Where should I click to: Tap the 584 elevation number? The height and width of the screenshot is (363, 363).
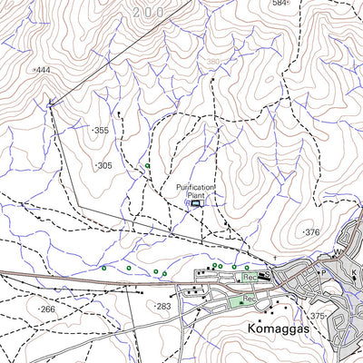click(280, 4)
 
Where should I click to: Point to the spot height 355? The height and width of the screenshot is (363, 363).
click(101, 131)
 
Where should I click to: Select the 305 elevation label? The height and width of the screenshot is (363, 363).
click(104, 166)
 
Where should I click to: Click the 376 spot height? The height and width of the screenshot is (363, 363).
click(312, 233)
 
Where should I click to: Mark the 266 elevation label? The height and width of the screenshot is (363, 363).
click(47, 309)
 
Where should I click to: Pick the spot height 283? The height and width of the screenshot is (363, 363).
click(163, 307)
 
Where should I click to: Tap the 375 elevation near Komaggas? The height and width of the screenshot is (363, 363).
click(318, 316)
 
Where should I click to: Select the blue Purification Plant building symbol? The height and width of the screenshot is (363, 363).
click(198, 204)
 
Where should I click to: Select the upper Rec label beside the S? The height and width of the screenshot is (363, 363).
click(250, 276)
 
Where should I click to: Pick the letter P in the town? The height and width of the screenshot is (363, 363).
click(320, 272)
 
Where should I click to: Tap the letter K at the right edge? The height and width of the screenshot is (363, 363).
click(354, 272)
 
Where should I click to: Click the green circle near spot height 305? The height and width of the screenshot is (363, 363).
click(147, 166)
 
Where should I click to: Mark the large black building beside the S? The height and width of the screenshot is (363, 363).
click(264, 276)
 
